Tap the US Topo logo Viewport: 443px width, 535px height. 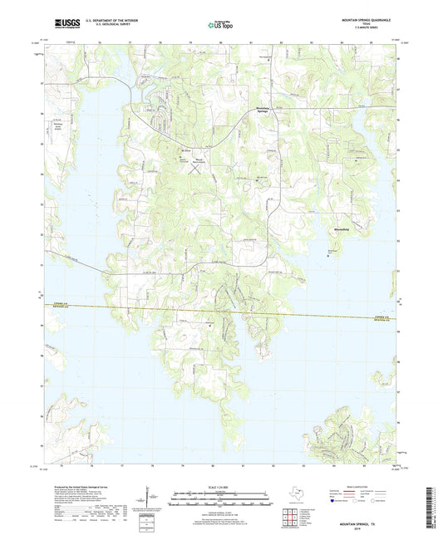[x=219, y=25]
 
